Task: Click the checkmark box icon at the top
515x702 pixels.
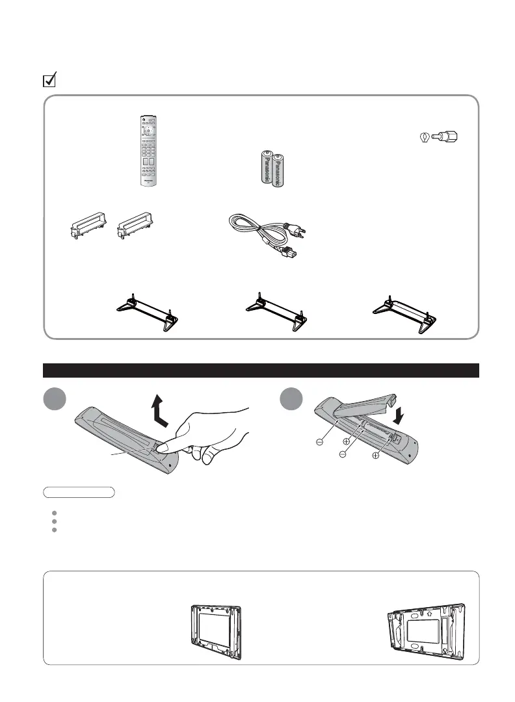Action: (x=49, y=81)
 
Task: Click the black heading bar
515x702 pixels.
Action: (x=261, y=370)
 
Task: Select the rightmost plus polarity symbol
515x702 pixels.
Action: (x=376, y=456)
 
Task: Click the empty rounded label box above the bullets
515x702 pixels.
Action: (x=79, y=491)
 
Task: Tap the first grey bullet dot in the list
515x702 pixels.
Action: (x=55, y=512)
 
